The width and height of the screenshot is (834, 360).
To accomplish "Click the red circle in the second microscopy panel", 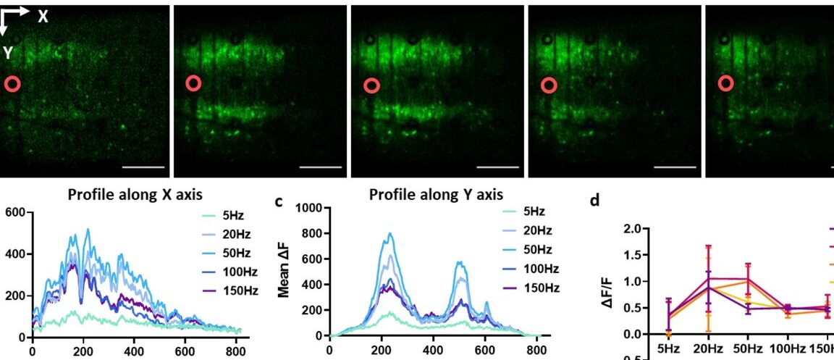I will (x=193, y=84).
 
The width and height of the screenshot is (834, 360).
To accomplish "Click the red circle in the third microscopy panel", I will (x=371, y=85).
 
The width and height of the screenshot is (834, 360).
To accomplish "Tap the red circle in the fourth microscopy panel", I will (x=548, y=85).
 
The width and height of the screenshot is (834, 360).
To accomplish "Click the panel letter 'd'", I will (x=595, y=201).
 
